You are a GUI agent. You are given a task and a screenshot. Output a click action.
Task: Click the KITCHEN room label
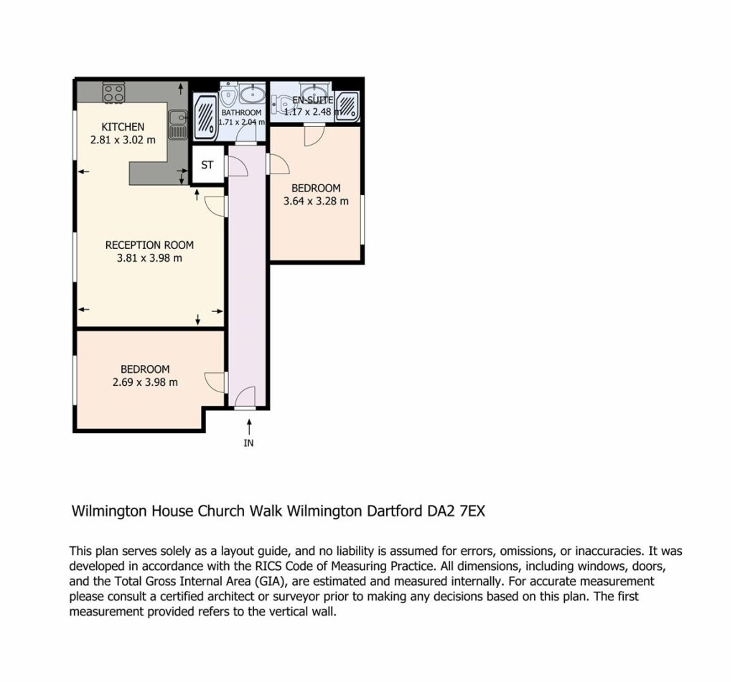point(123,126)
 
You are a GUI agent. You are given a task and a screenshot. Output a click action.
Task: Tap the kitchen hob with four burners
point(114,93)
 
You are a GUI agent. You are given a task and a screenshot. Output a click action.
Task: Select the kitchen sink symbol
point(177,125)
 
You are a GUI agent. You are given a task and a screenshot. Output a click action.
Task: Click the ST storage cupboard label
point(207,165)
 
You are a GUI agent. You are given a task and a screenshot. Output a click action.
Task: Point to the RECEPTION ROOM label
point(149,245)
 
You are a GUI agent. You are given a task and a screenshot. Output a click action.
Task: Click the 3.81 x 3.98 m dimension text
point(149,258)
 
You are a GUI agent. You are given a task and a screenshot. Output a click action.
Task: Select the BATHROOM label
point(241,113)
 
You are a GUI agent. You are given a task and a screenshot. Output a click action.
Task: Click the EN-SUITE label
point(313,100)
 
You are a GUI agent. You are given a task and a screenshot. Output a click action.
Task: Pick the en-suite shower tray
point(347,106)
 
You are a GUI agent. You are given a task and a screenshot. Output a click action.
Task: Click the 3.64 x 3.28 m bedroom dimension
point(316,202)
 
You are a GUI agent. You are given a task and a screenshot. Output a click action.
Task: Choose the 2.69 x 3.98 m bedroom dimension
point(145,382)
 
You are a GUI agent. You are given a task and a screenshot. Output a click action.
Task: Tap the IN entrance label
point(248,442)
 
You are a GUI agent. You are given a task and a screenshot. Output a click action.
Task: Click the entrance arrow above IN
point(249,427)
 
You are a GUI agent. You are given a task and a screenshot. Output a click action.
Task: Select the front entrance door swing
point(245,397)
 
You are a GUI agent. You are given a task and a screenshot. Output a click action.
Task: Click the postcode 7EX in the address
point(472,511)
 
